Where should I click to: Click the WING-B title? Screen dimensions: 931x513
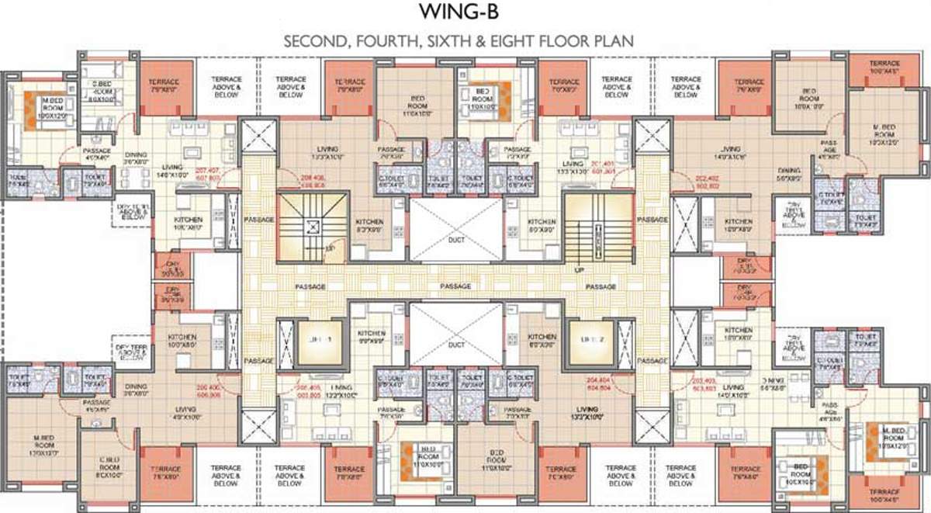coord(465,12)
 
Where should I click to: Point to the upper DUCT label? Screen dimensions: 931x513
coord(457,241)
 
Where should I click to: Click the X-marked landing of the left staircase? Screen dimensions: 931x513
coord(312,227)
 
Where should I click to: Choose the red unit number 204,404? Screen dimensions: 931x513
coord(609,384)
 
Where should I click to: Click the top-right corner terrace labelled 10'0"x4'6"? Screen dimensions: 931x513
coord(884,67)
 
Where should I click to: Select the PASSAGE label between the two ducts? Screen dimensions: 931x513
coord(456,286)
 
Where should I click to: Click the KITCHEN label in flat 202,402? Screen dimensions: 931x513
coord(738,226)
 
